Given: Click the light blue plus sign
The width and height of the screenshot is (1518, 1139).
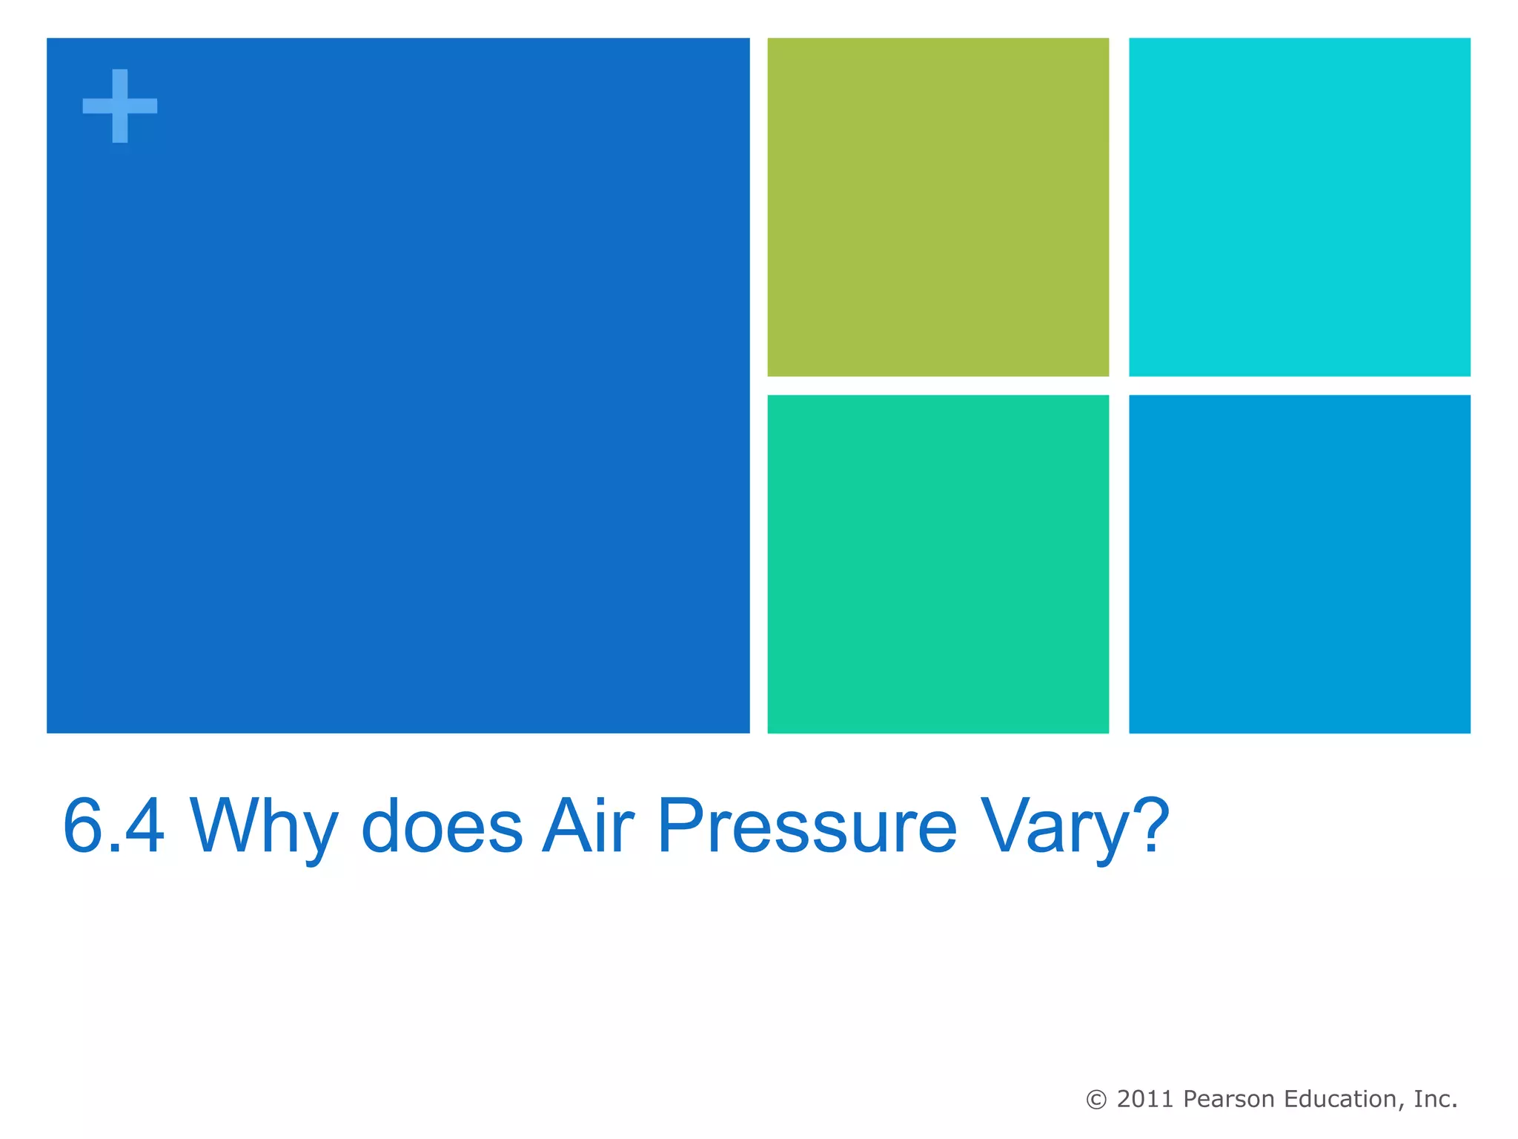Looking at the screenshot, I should click(119, 106).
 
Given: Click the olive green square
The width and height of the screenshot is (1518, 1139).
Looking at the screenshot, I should click(938, 207).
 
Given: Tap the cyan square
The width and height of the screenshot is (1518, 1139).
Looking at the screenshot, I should click(1299, 207).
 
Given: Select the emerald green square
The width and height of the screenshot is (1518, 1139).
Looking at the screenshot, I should click(938, 564).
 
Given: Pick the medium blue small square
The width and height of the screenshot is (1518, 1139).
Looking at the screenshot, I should click(1299, 564).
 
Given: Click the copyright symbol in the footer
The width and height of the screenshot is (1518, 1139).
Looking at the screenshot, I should click(1096, 1100).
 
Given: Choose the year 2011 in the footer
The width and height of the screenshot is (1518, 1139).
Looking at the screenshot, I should click(1145, 1099).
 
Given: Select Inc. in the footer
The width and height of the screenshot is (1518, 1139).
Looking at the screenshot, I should click(1435, 1099).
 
